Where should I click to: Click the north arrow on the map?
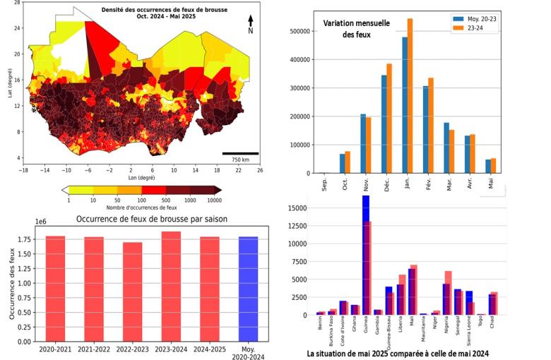(250, 23)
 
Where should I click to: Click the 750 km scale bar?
(240, 153)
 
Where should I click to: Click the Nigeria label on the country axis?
(447, 328)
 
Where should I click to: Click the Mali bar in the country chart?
(413, 289)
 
